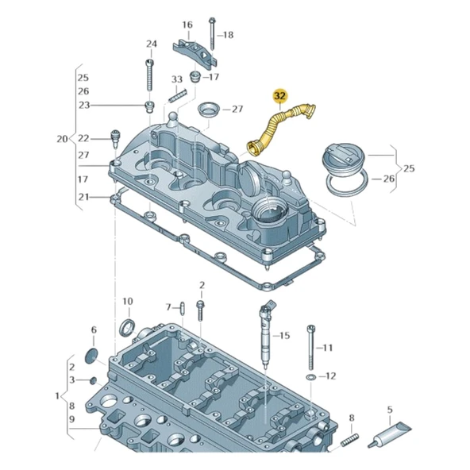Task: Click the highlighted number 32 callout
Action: (x=280, y=96)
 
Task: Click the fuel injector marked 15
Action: (x=264, y=334)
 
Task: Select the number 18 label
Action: (x=228, y=35)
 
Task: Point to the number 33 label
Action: (x=177, y=79)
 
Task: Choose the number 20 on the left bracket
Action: (x=62, y=139)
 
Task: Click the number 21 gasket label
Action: (x=83, y=196)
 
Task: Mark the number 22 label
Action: (x=83, y=138)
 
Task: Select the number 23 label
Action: (x=83, y=106)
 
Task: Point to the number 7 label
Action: (x=168, y=306)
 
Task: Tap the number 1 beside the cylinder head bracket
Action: (x=57, y=395)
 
